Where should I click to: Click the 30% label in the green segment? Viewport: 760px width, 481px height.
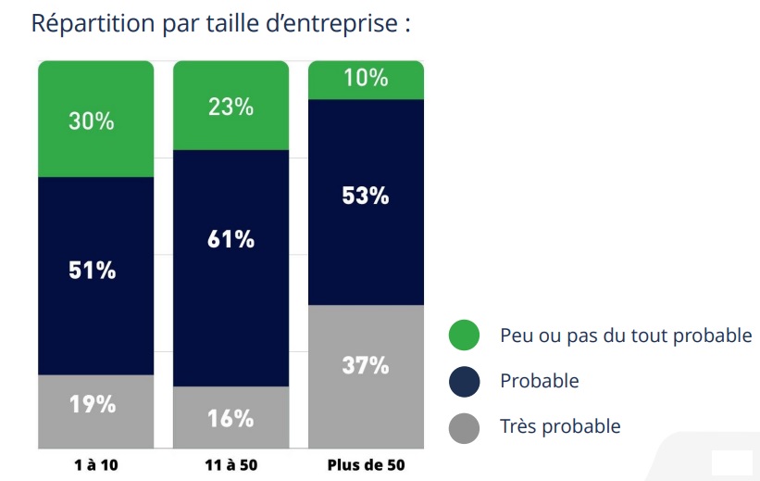(92, 120)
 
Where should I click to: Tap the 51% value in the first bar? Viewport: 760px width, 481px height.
(92, 271)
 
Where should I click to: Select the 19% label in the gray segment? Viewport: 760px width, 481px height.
(92, 404)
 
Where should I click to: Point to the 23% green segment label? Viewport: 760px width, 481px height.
(230, 107)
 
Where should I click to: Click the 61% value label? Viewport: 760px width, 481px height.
(230, 239)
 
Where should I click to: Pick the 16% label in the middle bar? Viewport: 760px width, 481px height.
(230, 418)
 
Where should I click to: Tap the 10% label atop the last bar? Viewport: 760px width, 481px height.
(366, 78)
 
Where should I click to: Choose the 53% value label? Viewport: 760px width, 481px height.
(366, 196)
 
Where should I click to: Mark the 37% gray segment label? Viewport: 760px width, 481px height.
(366, 365)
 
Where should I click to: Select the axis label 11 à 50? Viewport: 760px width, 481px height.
(230, 464)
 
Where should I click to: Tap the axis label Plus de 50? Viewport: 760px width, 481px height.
(367, 464)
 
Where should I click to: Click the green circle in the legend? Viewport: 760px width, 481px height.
(464, 335)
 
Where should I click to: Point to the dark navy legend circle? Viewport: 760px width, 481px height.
(464, 381)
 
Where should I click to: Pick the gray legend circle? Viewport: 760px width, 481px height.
(464, 427)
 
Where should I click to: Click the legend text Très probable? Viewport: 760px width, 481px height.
(560, 427)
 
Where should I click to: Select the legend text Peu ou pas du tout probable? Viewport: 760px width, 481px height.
(626, 335)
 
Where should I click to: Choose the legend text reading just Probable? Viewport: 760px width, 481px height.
(539, 381)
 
